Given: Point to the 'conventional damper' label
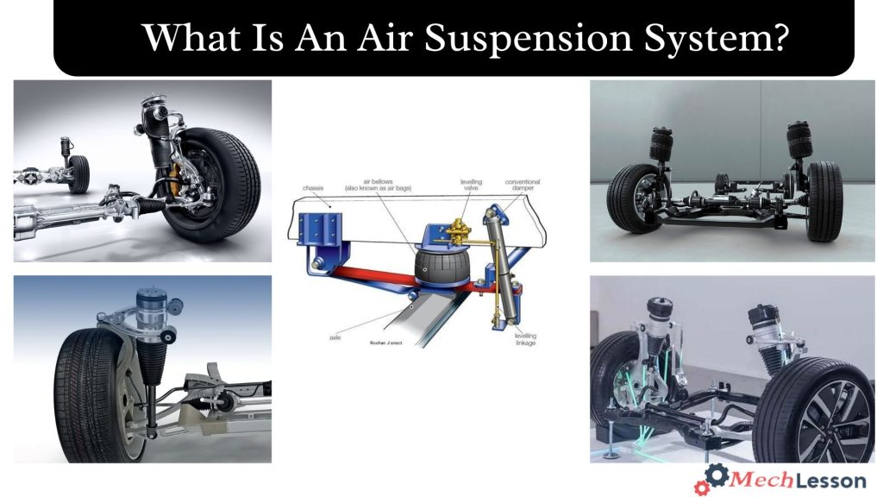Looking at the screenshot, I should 523,186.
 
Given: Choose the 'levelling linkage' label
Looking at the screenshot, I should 525,339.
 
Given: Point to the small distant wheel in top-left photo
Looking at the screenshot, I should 78,172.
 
